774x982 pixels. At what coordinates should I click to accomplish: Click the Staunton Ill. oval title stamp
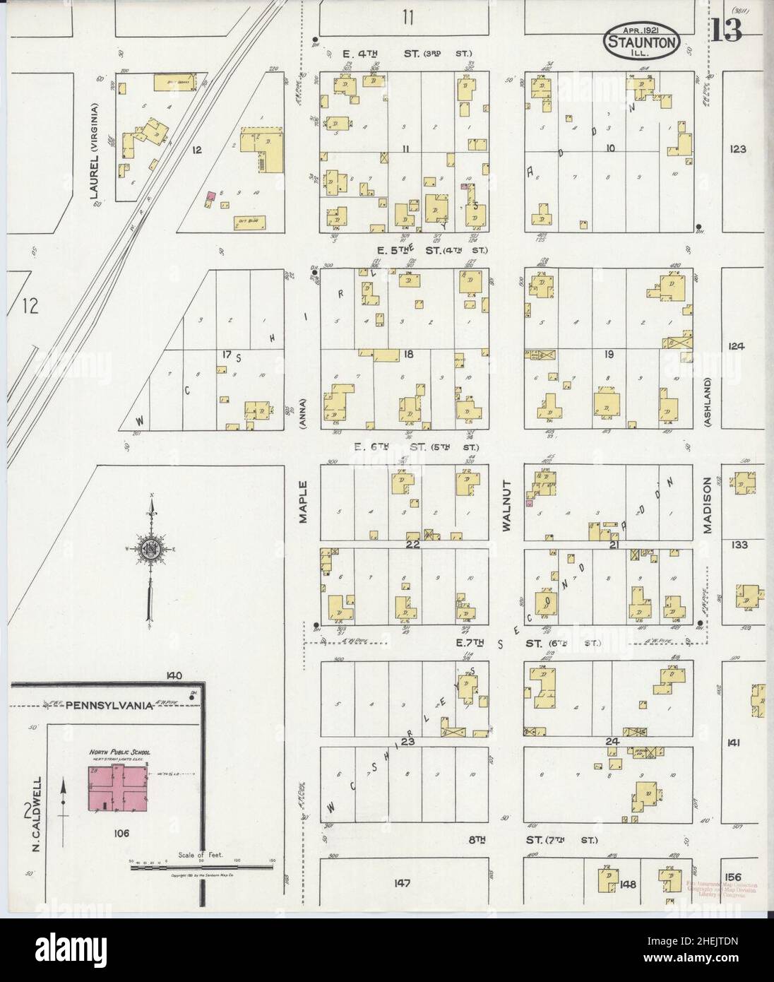point(643,43)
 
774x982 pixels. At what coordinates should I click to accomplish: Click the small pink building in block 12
point(210,195)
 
